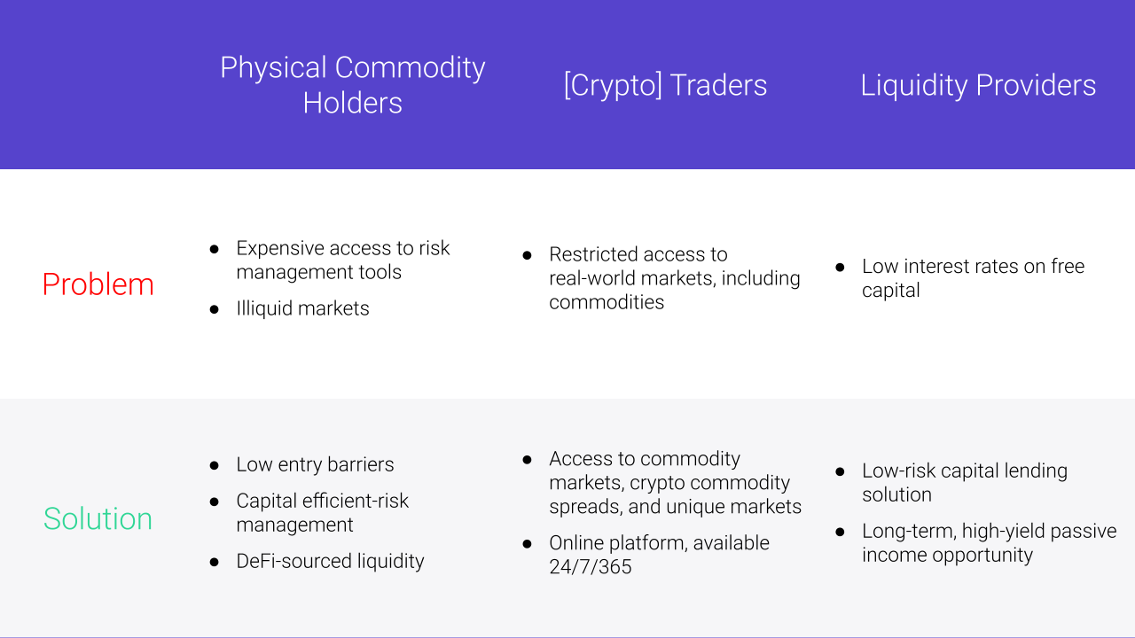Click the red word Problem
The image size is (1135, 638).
(x=98, y=284)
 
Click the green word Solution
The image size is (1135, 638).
(x=98, y=518)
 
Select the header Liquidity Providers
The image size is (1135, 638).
(x=978, y=85)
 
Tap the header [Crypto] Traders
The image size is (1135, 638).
(x=665, y=85)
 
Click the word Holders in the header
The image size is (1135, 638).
(x=353, y=103)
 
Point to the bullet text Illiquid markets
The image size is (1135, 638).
(x=302, y=308)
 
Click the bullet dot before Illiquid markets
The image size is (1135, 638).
(x=215, y=309)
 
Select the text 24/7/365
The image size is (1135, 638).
(x=591, y=566)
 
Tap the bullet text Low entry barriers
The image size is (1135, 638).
(x=315, y=464)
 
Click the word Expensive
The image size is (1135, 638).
(x=279, y=249)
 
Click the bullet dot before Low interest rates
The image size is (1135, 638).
(x=840, y=268)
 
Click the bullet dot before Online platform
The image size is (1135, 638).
(x=528, y=544)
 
